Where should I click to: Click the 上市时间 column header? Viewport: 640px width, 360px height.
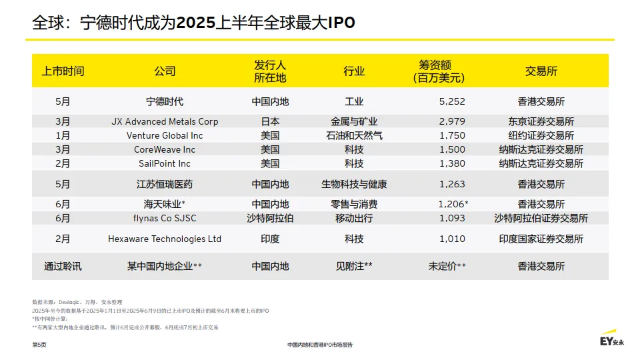63,71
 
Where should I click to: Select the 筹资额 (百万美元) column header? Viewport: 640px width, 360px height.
438,71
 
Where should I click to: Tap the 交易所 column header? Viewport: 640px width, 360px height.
541,71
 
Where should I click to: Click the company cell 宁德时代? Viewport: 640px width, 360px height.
165,102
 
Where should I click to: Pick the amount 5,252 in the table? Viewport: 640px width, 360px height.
452,102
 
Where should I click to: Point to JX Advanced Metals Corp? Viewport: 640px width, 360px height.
165,122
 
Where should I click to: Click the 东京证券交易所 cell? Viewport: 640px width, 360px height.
541,122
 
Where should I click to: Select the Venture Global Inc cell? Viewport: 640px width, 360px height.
165,135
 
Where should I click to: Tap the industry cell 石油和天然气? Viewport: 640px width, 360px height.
354,135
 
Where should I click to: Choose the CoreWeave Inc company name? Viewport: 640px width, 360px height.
165,149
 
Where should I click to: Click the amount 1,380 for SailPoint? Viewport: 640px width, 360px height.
452,163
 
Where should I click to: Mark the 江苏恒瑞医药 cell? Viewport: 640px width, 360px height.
165,184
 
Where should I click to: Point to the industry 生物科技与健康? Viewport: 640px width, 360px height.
354,184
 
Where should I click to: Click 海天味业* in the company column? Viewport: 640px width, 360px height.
165,204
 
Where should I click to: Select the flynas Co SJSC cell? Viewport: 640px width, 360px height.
165,218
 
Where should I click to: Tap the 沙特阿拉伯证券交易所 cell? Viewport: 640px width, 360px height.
541,218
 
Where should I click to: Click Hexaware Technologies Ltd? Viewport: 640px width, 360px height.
165,239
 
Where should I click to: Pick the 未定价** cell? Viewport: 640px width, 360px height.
447,266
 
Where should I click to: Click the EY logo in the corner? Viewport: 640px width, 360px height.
611,340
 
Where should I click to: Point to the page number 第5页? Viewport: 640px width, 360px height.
39,345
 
